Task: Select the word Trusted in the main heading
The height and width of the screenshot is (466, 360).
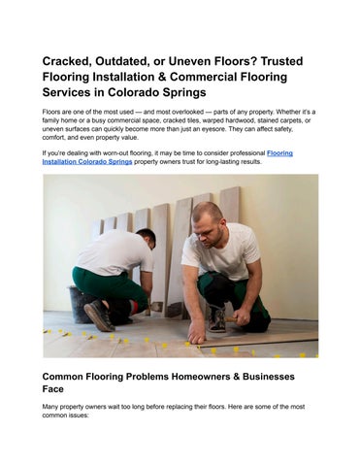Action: coord(294,60)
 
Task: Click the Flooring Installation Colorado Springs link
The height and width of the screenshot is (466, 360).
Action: coord(156,156)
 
